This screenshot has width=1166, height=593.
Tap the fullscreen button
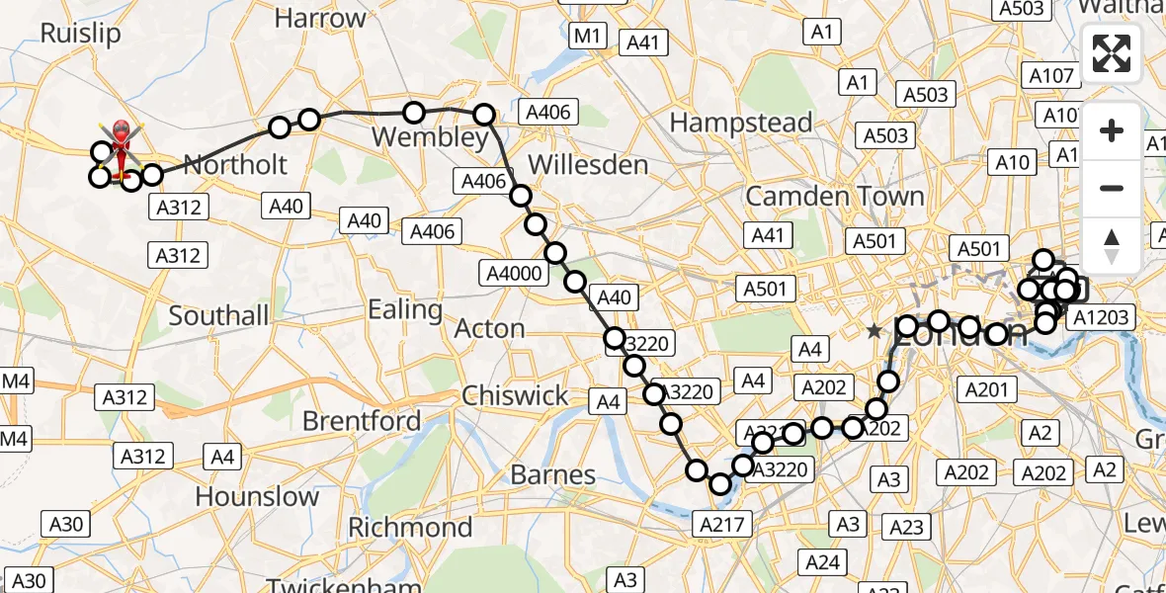pos(1112,53)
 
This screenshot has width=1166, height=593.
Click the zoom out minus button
pos(1112,188)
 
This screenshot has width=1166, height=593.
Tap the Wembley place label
pos(434,137)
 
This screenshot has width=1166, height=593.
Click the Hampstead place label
pos(741,124)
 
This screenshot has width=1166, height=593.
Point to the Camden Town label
pos(835,196)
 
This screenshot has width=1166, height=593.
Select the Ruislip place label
pos(81,33)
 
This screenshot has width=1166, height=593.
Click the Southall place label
pos(218,315)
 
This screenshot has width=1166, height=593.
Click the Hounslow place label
pos(257,496)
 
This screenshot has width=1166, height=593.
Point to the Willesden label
pos(588,164)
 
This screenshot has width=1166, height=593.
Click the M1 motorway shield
pos(588,36)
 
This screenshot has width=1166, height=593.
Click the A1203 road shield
pos(1104,317)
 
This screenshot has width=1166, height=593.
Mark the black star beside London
pos(874,332)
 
